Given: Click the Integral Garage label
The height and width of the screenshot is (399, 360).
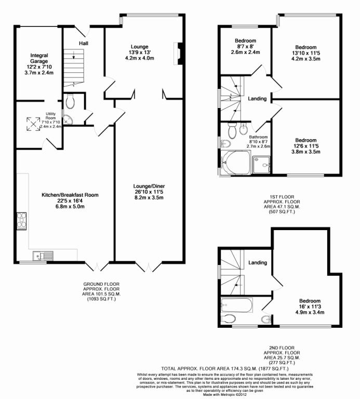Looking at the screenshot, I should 39,61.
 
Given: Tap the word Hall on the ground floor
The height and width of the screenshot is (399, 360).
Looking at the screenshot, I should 84,43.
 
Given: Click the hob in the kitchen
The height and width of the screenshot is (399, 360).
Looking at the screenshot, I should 22,221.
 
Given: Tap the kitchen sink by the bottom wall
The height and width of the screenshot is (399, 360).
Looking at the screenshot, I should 41,255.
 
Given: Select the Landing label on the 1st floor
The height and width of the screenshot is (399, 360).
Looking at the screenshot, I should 257,99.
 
